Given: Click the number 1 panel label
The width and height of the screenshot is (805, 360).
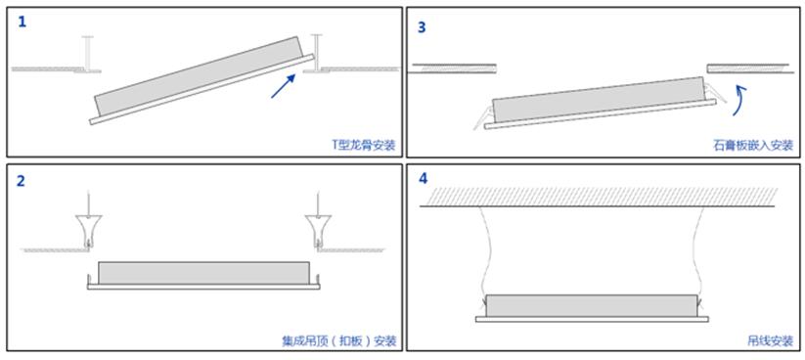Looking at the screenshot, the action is tap(22, 22).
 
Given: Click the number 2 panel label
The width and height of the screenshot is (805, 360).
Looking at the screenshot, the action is tap(21, 181).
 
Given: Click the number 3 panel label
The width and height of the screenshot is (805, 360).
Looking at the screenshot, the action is tap(422, 27).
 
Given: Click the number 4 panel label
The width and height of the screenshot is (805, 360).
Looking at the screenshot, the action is tap(423, 178).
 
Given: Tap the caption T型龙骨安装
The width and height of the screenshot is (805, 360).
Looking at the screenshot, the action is tap(364, 146).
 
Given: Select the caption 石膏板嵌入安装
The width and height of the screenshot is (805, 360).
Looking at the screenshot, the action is tap(753, 146).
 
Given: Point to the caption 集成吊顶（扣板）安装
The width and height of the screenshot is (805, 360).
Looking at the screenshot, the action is tap(338, 341).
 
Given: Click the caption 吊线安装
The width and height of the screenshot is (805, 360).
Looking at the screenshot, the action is tap(771, 341).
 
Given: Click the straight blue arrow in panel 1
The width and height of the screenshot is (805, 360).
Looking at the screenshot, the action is tap(284, 86).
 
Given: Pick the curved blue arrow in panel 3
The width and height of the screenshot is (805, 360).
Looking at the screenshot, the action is tap(739, 101).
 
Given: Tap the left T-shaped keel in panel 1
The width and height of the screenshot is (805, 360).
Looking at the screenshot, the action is tap(88, 54).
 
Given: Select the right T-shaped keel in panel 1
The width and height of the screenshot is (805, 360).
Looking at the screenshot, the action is tap(317, 54).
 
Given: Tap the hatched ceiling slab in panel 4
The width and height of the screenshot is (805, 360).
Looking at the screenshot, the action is tap(597, 198).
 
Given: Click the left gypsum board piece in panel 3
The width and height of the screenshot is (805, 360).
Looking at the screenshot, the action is tap(452, 68).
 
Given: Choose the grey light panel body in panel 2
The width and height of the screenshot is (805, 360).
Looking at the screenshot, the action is tap(203, 273).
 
